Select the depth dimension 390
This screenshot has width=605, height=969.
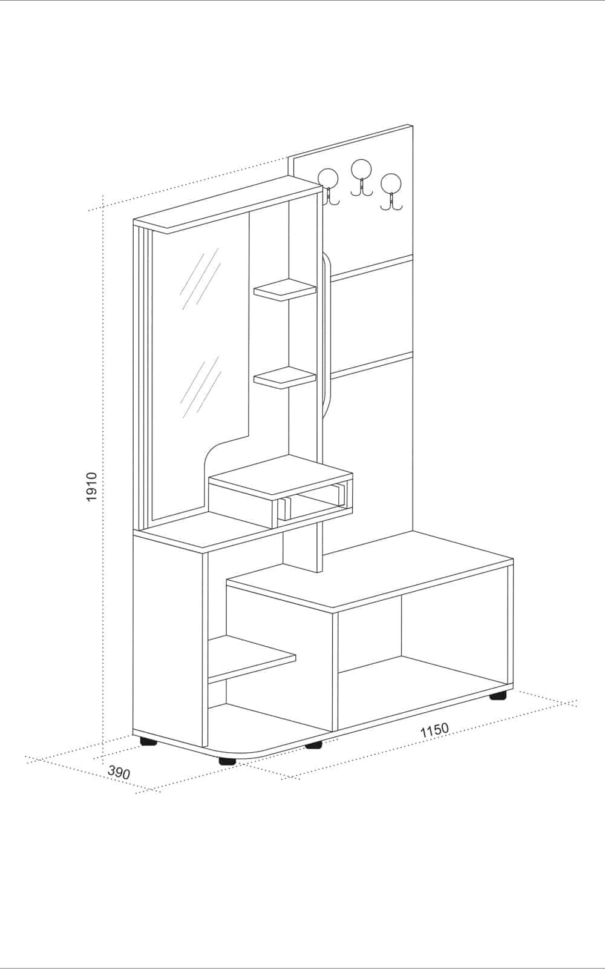tap(119, 772)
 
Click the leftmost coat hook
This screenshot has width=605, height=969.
tap(329, 186)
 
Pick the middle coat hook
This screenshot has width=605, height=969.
tap(361, 177)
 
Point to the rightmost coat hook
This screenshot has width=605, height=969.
tap(391, 192)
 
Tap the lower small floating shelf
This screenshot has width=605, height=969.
tap(285, 377)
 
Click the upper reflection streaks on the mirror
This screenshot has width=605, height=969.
tap(201, 279)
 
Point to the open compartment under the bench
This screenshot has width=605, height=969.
tap(423, 662)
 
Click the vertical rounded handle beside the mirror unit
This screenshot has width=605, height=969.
tap(327, 329)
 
